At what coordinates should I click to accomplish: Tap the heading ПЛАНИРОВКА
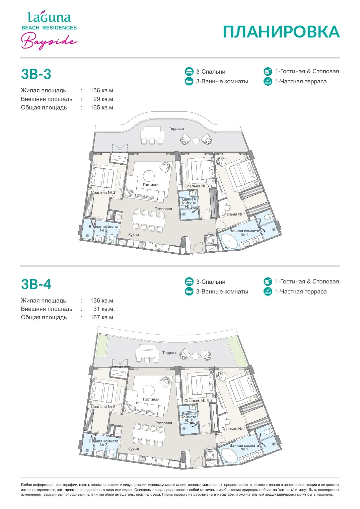click(281, 32)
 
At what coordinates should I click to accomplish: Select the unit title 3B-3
click(36, 74)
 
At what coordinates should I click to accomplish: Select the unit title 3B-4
click(36, 284)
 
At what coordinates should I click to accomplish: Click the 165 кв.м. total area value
click(102, 107)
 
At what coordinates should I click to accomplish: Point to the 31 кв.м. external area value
click(104, 309)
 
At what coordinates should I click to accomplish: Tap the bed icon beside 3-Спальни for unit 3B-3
click(189, 71)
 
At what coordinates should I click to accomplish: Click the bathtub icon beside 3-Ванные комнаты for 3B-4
click(189, 291)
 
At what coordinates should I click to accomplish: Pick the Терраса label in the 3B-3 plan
click(176, 129)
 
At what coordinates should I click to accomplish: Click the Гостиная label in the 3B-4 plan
click(151, 399)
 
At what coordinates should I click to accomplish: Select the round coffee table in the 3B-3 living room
click(149, 176)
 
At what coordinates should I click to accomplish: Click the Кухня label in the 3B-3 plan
click(134, 235)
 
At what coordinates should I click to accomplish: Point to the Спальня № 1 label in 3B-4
click(233, 429)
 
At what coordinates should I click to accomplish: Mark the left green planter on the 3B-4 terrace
click(102, 346)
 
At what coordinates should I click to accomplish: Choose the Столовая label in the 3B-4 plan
click(163, 423)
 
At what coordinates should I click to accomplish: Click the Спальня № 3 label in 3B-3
click(197, 186)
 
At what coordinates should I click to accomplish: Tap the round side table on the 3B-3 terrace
click(196, 141)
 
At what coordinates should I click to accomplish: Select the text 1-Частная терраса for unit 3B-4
click(301, 291)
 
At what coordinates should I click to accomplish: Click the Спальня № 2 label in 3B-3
click(103, 192)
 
